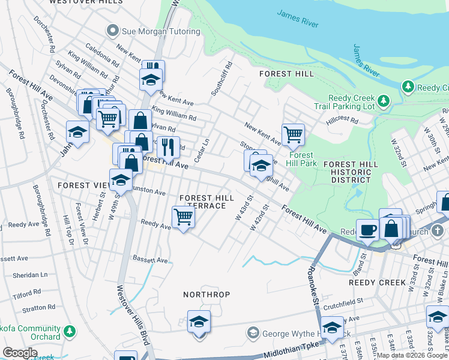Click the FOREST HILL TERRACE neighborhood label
pyautogui.click(x=202, y=202)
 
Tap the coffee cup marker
pyautogui.click(x=367, y=230)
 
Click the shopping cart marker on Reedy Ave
pyautogui.click(x=183, y=217)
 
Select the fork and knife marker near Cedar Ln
pyautogui.click(x=168, y=147)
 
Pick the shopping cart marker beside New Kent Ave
pyautogui.click(x=292, y=134)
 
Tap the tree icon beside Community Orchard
pyautogui.click(x=70, y=331)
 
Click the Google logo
pyautogui.click(x=20, y=353)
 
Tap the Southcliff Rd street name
pyautogui.click(x=221, y=80)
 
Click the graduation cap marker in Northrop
pyautogui.click(x=199, y=322)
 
